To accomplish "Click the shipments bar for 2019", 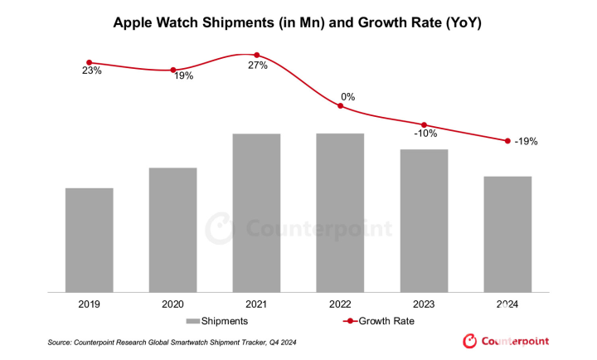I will click(89, 240).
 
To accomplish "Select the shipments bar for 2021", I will click(256, 212).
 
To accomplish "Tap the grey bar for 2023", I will click(424, 221).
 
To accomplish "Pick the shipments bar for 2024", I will click(507, 234).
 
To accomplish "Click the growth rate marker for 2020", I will click(173, 70).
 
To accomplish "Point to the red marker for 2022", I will click(340, 105).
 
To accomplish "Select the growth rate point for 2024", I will click(507, 141).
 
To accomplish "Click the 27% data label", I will click(257, 66).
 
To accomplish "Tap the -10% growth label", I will click(425, 134).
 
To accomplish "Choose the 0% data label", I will click(348, 97).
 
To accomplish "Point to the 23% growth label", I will click(91, 71).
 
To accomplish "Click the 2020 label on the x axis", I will click(173, 304).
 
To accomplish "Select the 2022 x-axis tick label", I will click(340, 304).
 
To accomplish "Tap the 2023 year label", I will click(424, 304).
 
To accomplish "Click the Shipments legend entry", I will click(217, 320).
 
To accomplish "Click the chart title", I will click(298, 23).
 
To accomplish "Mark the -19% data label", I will click(526, 142).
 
